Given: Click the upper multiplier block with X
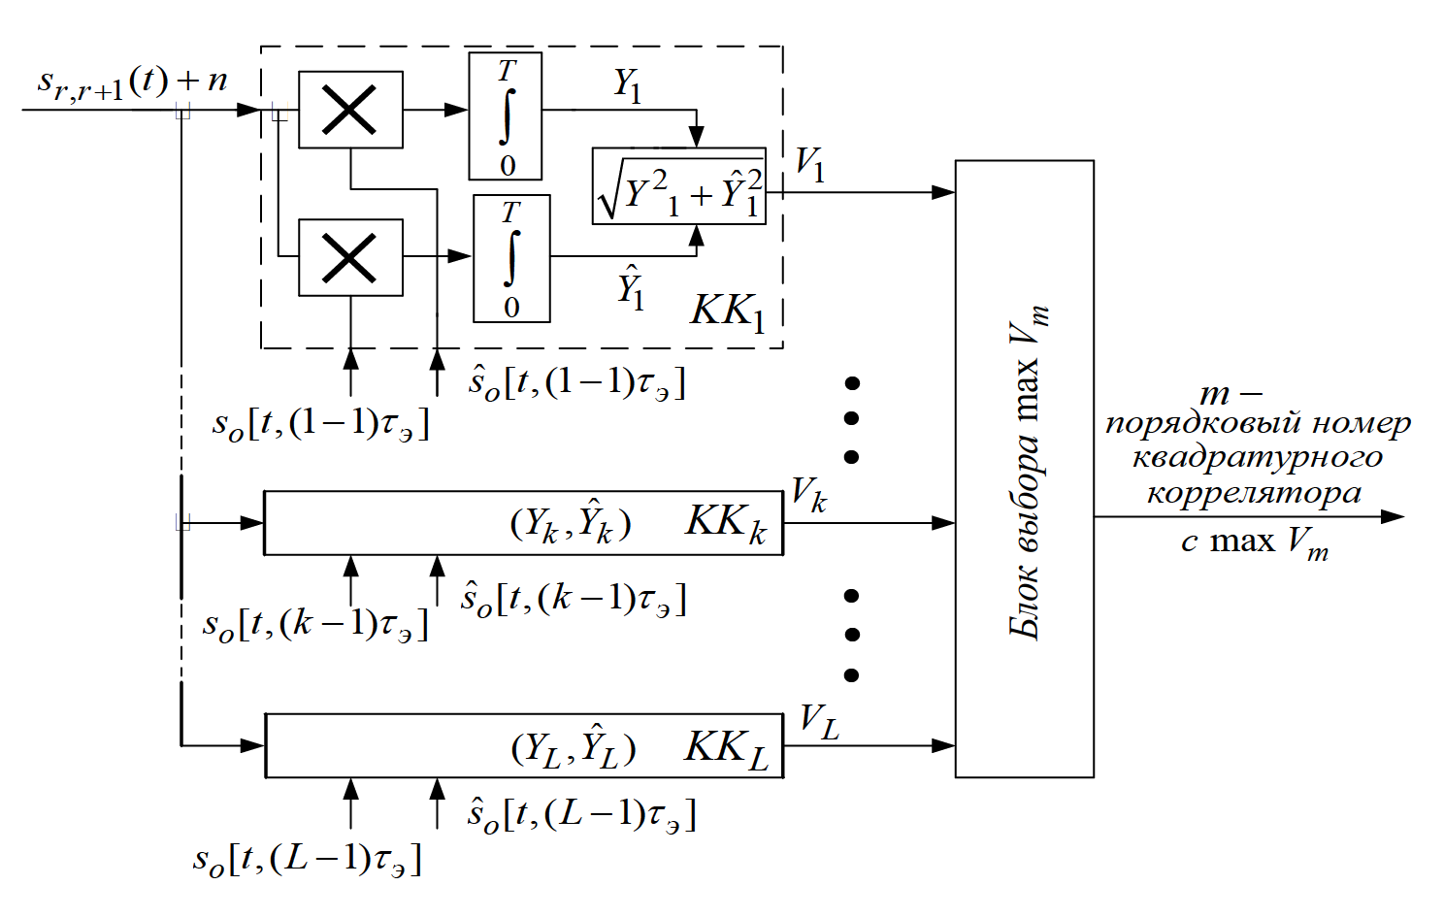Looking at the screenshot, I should pos(350,110).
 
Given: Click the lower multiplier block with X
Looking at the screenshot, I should pos(350,257).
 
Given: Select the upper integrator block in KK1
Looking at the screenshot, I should pos(506,116).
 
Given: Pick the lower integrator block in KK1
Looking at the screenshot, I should pos(511,258).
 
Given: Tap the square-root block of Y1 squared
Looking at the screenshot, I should pos(679,187).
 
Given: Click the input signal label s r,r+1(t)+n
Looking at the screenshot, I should pos(132,82).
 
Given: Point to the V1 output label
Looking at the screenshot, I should pos(809,164).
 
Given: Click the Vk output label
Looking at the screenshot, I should pos(808,496).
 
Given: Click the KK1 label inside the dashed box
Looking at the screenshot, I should pos(728,312).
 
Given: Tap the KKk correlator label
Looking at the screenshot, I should pos(725,523).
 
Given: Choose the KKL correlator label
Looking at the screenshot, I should pos(726,748).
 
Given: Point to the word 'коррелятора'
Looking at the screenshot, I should pos(1254,493).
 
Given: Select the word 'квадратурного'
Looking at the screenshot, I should pos(1258,458).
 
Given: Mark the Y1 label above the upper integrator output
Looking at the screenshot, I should pos(627,85).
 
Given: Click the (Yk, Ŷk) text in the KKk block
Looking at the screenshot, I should pos(571,524).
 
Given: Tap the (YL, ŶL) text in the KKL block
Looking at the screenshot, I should pos(574,748).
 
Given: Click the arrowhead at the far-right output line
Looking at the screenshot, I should pos(1394,516).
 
